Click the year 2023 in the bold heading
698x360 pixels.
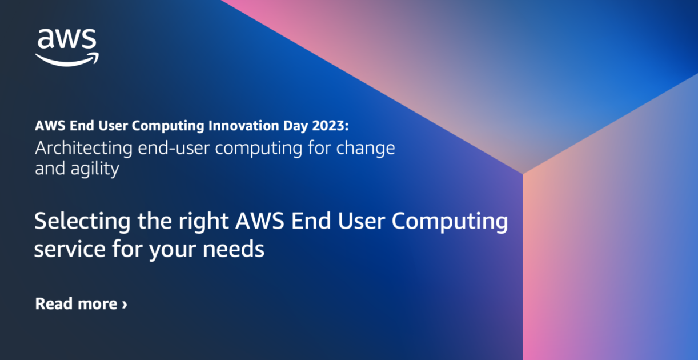click(342, 126)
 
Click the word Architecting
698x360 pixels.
click(84, 148)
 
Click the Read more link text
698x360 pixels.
click(76, 303)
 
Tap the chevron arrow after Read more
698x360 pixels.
click(125, 304)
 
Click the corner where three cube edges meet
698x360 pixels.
click(522, 173)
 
